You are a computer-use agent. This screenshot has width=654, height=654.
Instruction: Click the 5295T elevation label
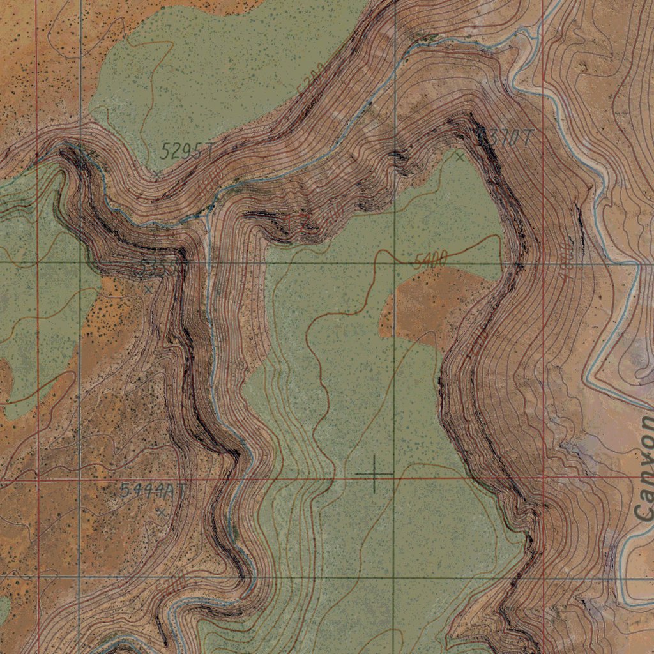click(x=185, y=151)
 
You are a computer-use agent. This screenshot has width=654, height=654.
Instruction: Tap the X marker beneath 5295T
click(x=157, y=172)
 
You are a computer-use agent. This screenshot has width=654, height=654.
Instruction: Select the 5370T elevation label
click(x=505, y=137)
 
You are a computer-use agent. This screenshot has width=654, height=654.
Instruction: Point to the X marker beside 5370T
click(x=459, y=156)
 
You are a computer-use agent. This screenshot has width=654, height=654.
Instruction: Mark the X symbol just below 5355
click(x=148, y=289)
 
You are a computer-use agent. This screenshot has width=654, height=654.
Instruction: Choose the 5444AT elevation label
click(x=153, y=490)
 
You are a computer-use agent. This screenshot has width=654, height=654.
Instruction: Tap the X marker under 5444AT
click(x=161, y=512)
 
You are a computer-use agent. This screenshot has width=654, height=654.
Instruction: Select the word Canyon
click(x=645, y=467)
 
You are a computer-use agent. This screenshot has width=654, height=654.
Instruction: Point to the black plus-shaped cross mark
click(x=374, y=474)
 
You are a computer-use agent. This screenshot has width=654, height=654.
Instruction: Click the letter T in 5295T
click(x=208, y=151)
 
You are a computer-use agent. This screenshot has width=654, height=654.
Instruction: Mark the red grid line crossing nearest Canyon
click(x=543, y=477)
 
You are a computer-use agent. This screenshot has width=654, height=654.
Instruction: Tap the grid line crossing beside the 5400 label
click(x=394, y=262)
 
